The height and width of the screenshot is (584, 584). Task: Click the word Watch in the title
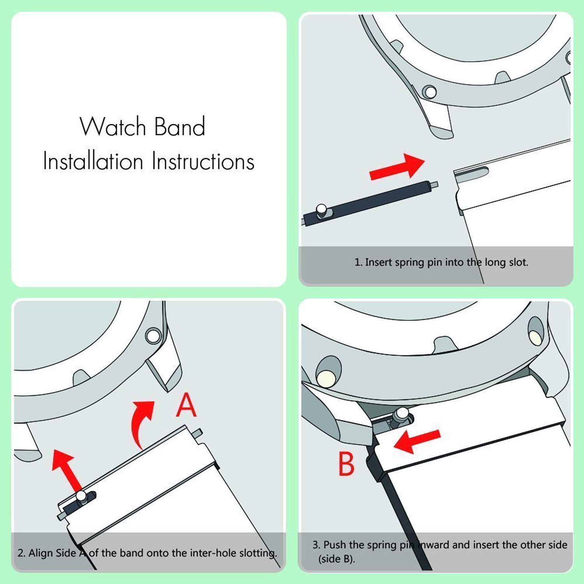[113, 127]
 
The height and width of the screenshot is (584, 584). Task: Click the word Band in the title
[179, 127]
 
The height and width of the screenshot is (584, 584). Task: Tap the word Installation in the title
[93, 161]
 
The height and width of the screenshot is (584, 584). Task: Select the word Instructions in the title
[203, 161]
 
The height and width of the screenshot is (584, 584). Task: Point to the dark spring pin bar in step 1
[374, 202]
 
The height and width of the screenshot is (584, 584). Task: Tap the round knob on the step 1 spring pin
[322, 209]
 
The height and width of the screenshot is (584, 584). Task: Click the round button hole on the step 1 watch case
[430, 92]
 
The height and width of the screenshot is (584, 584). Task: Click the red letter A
[186, 405]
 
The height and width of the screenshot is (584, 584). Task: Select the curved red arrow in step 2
[142, 422]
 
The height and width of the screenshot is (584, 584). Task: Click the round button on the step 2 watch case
[153, 335]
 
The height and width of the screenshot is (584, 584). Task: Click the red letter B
[346, 464]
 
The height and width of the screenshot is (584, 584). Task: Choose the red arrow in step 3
[417, 441]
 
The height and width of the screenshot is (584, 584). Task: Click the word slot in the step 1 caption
[518, 262]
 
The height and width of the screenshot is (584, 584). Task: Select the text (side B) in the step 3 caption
[336, 559]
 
